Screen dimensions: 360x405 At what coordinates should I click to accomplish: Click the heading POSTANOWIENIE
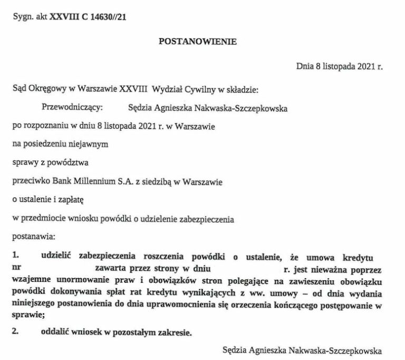(198, 41)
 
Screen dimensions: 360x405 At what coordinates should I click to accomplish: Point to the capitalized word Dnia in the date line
(304, 66)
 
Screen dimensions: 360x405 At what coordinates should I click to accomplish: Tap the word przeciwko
(29, 182)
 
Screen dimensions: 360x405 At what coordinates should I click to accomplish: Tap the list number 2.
(16, 332)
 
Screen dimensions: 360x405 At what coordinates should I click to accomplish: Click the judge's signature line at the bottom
(302, 349)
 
